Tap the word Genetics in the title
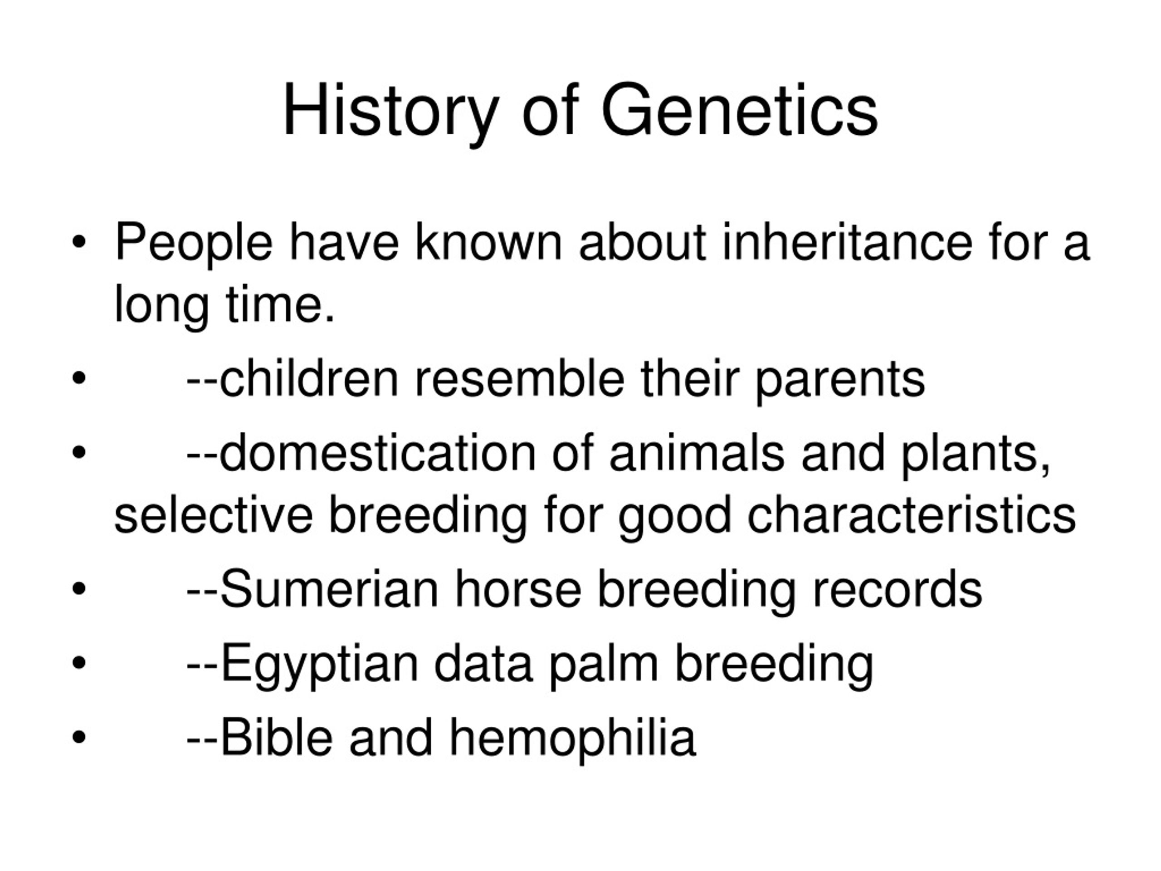point(740,111)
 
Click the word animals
point(697,453)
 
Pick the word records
point(897,589)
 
